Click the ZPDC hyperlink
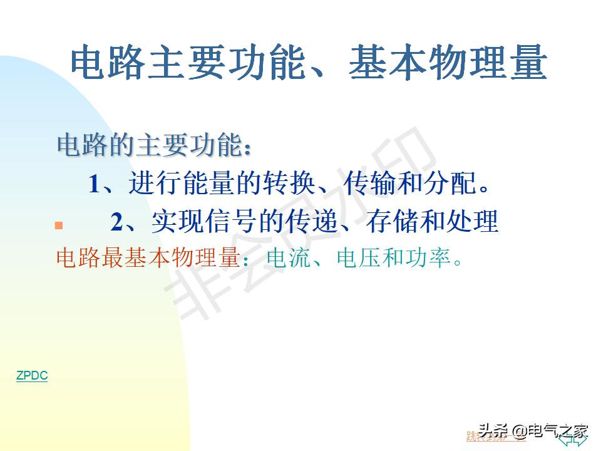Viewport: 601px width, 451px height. click(x=32, y=376)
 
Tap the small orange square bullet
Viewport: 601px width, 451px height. click(x=59, y=225)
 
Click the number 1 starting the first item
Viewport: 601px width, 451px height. click(x=95, y=184)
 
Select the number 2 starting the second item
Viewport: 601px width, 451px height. click(x=118, y=222)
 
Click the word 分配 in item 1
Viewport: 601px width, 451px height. click(x=453, y=184)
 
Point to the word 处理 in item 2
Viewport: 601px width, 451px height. click(x=476, y=222)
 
